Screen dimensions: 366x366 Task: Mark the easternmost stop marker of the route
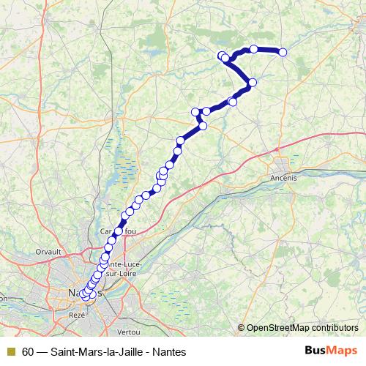(x=283, y=52)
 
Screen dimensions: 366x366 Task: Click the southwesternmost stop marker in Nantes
(x=85, y=296)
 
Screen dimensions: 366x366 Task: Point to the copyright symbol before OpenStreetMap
(x=242, y=328)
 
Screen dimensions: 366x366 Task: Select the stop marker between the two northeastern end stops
(x=253, y=49)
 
